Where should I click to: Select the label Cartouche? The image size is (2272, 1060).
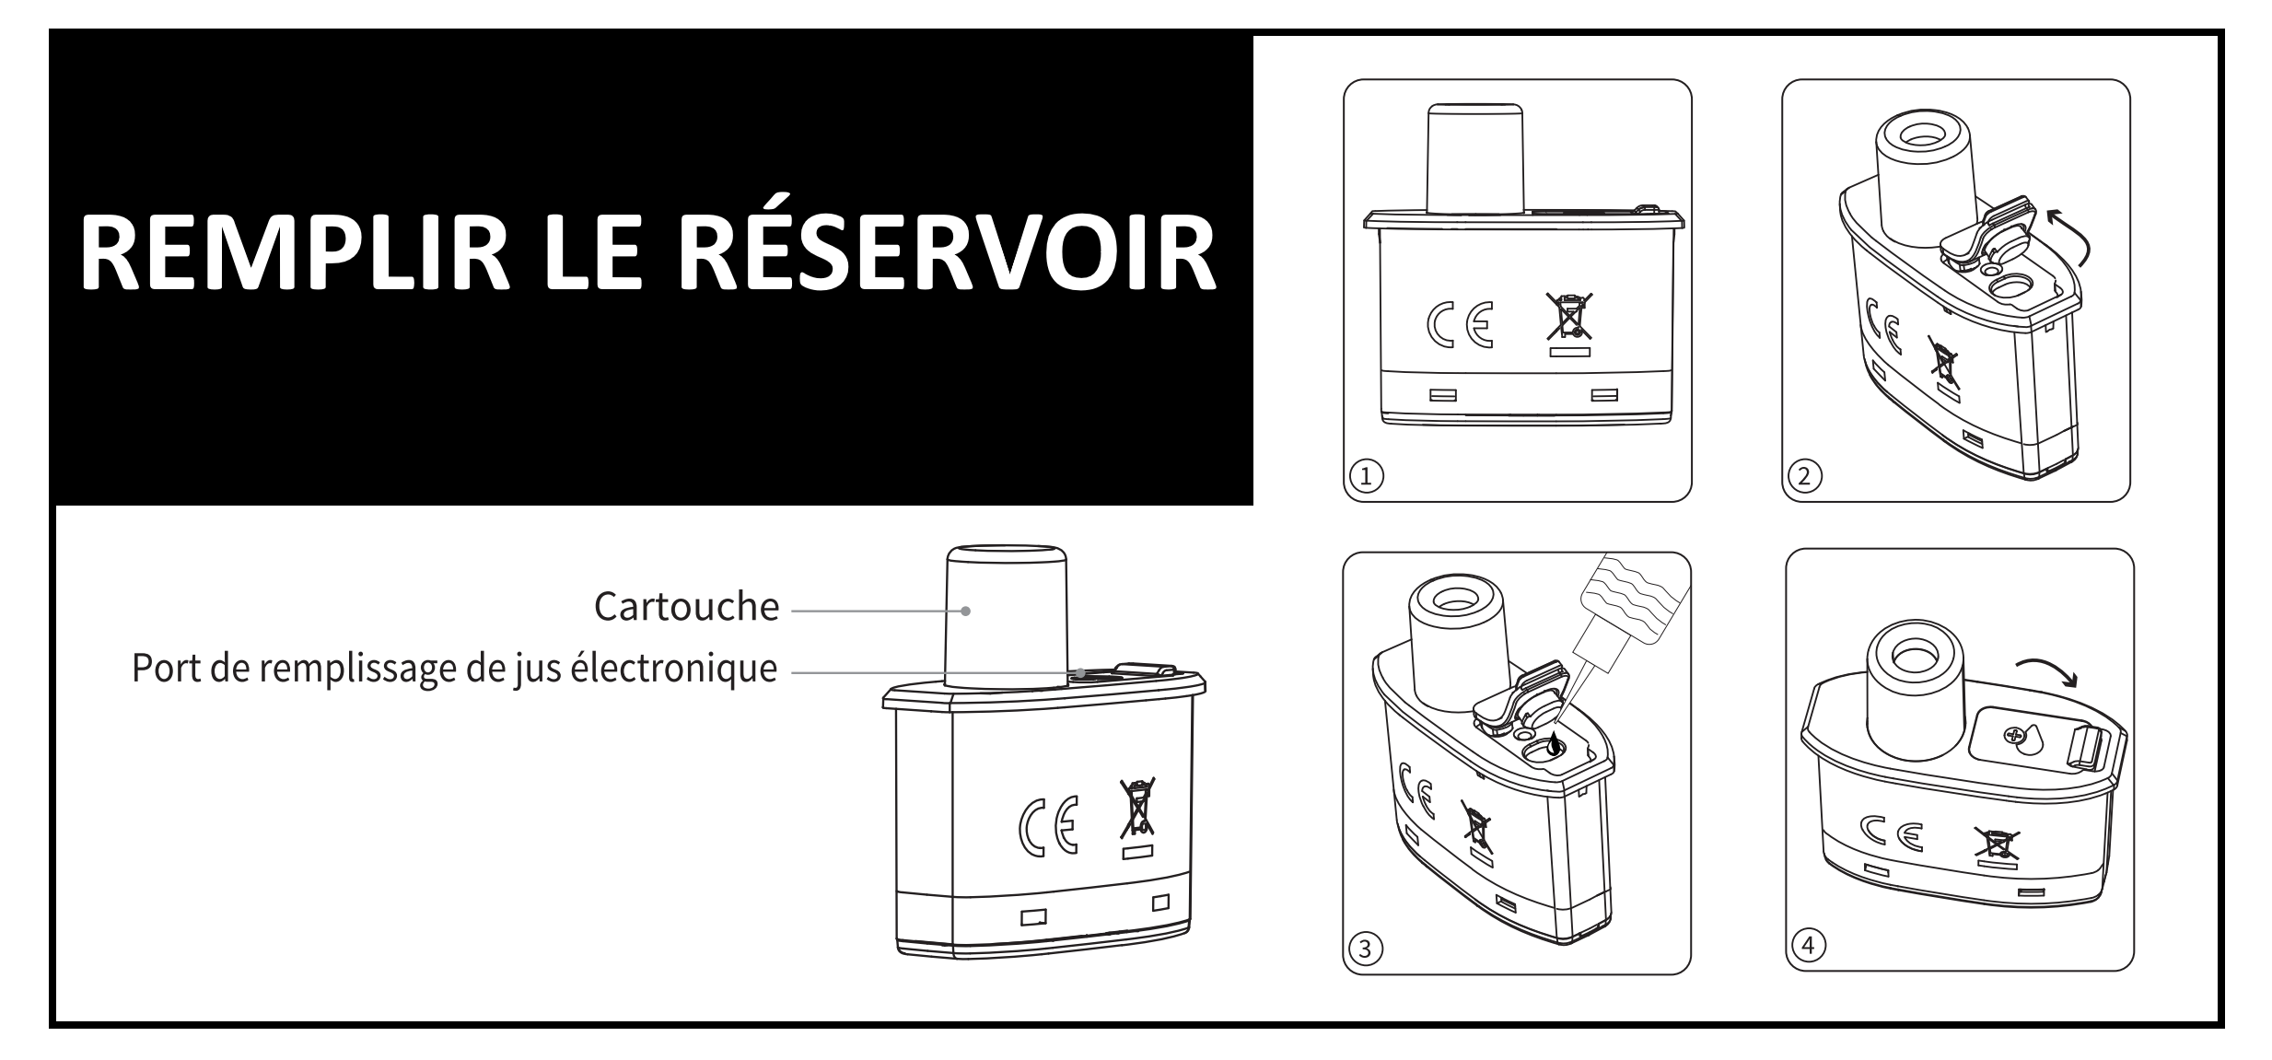(x=687, y=607)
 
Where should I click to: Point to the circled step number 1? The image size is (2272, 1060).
(x=1367, y=475)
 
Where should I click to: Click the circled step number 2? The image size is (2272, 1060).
(x=1804, y=475)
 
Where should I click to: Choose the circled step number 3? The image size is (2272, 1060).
(x=1366, y=948)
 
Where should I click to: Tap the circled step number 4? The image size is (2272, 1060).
(x=1809, y=945)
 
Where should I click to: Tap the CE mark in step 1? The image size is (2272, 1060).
(x=1460, y=326)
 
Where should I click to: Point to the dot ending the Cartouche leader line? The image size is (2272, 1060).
(x=965, y=611)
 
